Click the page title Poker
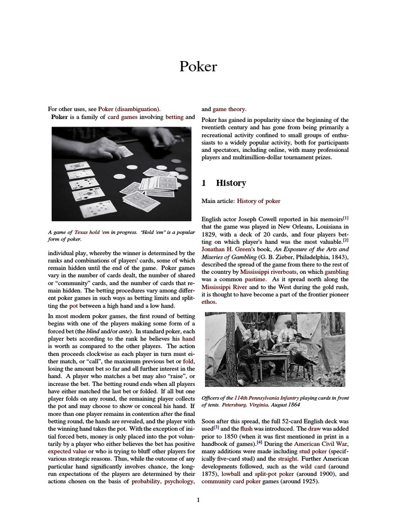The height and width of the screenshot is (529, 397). point(198,67)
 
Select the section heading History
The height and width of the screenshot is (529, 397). point(231,183)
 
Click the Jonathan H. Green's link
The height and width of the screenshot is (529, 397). point(225,248)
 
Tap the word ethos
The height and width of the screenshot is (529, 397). point(209,302)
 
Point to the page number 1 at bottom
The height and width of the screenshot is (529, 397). point(198,500)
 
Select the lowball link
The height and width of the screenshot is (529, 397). point(231,474)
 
